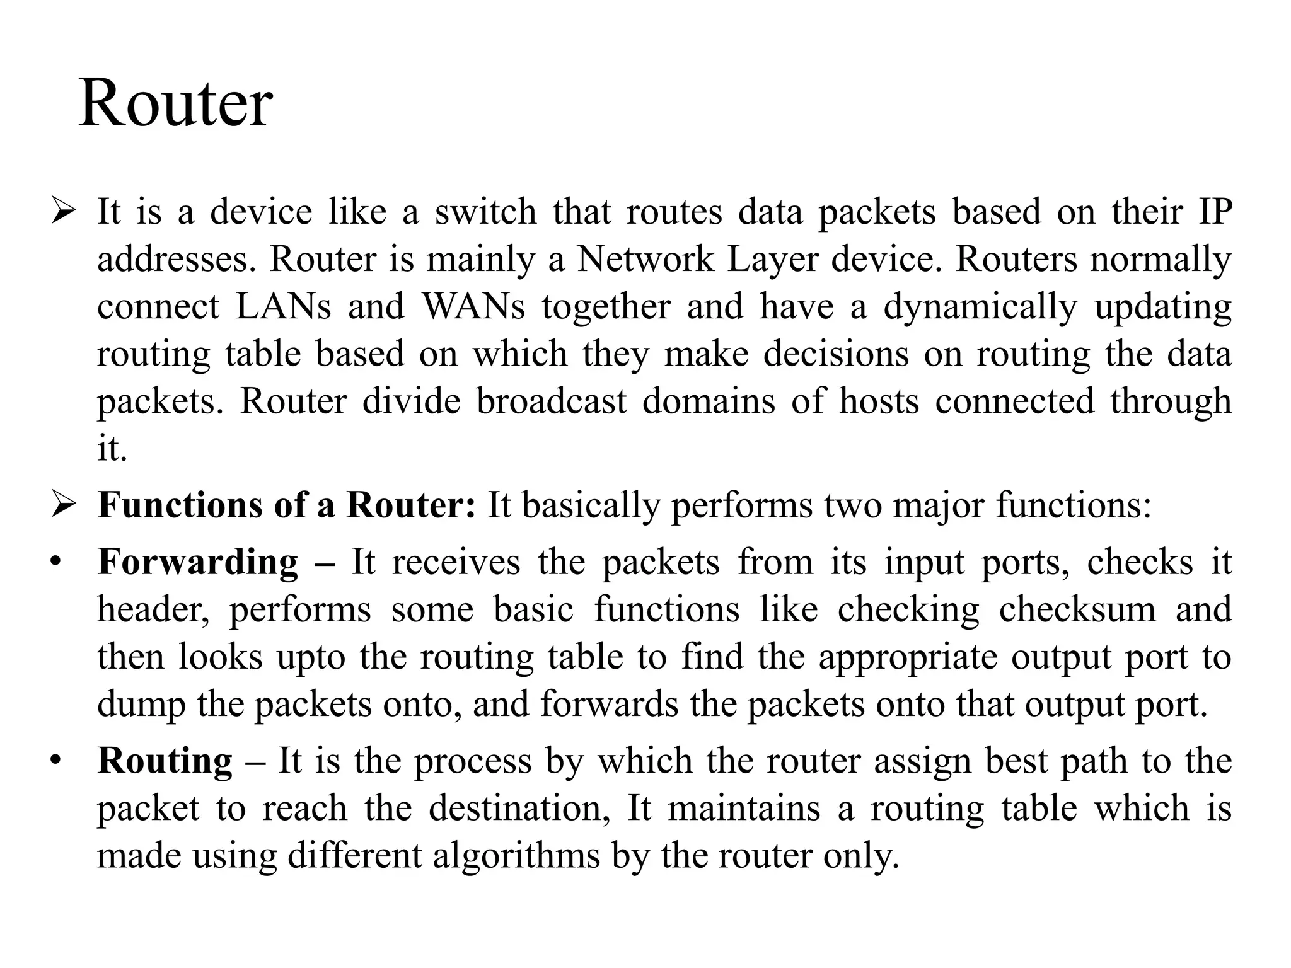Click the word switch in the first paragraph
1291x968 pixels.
coord(485,211)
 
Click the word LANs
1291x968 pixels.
coord(283,306)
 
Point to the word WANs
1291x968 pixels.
coord(473,306)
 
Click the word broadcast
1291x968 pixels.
coord(552,401)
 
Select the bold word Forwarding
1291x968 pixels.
coord(198,562)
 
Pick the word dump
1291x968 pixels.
coord(141,705)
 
